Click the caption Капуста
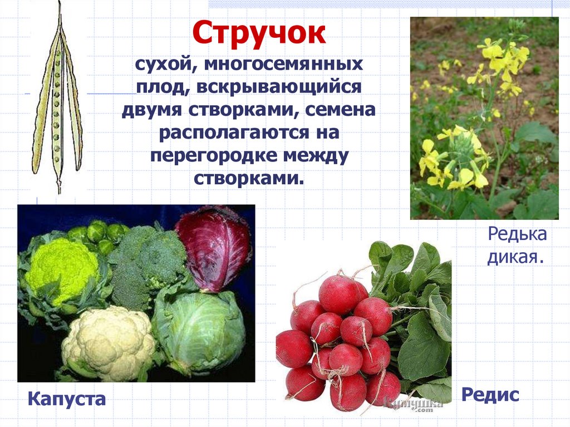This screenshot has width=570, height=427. tap(66, 399)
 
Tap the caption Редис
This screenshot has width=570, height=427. tap(490, 395)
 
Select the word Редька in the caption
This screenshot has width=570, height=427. tap(517, 234)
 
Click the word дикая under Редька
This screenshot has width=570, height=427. tap(515, 258)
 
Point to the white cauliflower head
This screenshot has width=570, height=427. tap(109, 342)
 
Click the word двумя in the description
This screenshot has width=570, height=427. tap(152, 111)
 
